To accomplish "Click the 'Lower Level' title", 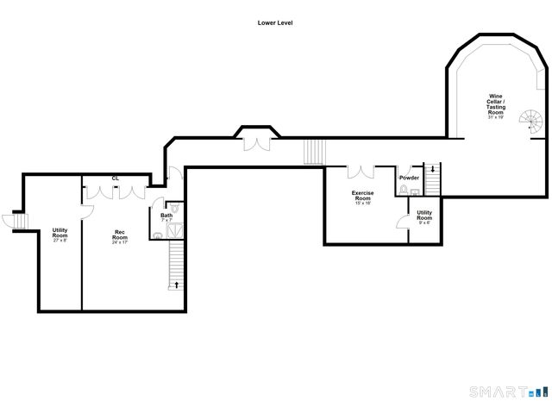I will click(x=276, y=23).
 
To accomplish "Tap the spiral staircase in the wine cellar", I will click(x=536, y=127).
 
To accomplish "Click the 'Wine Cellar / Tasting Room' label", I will click(x=497, y=103).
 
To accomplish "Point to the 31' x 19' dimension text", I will click(x=496, y=117).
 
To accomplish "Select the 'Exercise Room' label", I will click(x=361, y=196).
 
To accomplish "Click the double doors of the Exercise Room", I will click(x=361, y=172).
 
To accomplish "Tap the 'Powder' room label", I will click(x=409, y=179).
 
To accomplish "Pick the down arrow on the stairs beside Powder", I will click(x=433, y=170).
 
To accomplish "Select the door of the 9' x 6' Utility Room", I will click(x=401, y=222).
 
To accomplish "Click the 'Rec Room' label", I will click(x=121, y=233).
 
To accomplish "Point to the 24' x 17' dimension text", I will click(x=121, y=242).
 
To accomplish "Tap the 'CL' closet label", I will click(x=115, y=179).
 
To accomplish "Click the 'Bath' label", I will click(x=166, y=216).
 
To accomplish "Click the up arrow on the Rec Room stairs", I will click(x=178, y=282).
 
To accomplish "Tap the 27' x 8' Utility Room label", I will click(x=60, y=234).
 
